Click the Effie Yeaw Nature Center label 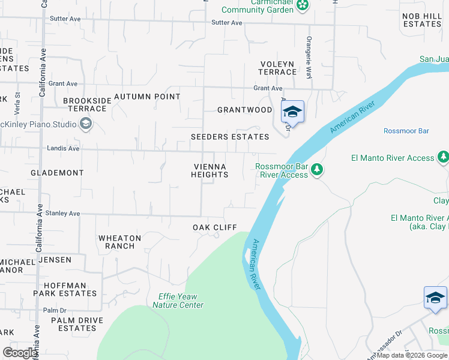[178, 301]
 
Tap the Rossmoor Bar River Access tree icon [317, 170]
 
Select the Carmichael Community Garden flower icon [304, 6]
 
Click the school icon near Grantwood [292, 112]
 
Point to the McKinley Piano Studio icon [86, 124]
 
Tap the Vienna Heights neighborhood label [209, 170]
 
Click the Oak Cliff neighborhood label [215, 227]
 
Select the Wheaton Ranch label [119, 242]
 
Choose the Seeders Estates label [230, 137]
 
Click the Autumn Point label [147, 97]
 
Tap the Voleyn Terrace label [277, 68]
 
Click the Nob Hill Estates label [422, 20]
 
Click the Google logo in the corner [20, 353]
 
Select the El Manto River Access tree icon [443, 157]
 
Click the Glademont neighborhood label [58, 173]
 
